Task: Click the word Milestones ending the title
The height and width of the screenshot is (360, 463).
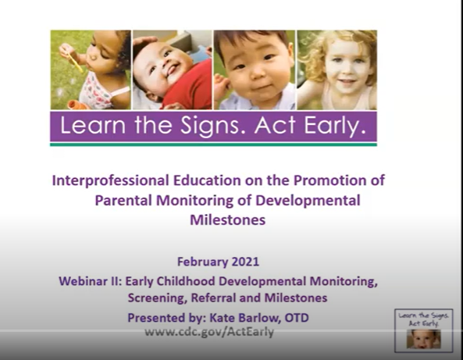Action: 227,220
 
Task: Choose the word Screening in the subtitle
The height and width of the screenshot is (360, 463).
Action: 159,298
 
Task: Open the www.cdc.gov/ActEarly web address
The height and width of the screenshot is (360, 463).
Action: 208,332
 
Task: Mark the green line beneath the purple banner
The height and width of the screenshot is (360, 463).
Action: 213,144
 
